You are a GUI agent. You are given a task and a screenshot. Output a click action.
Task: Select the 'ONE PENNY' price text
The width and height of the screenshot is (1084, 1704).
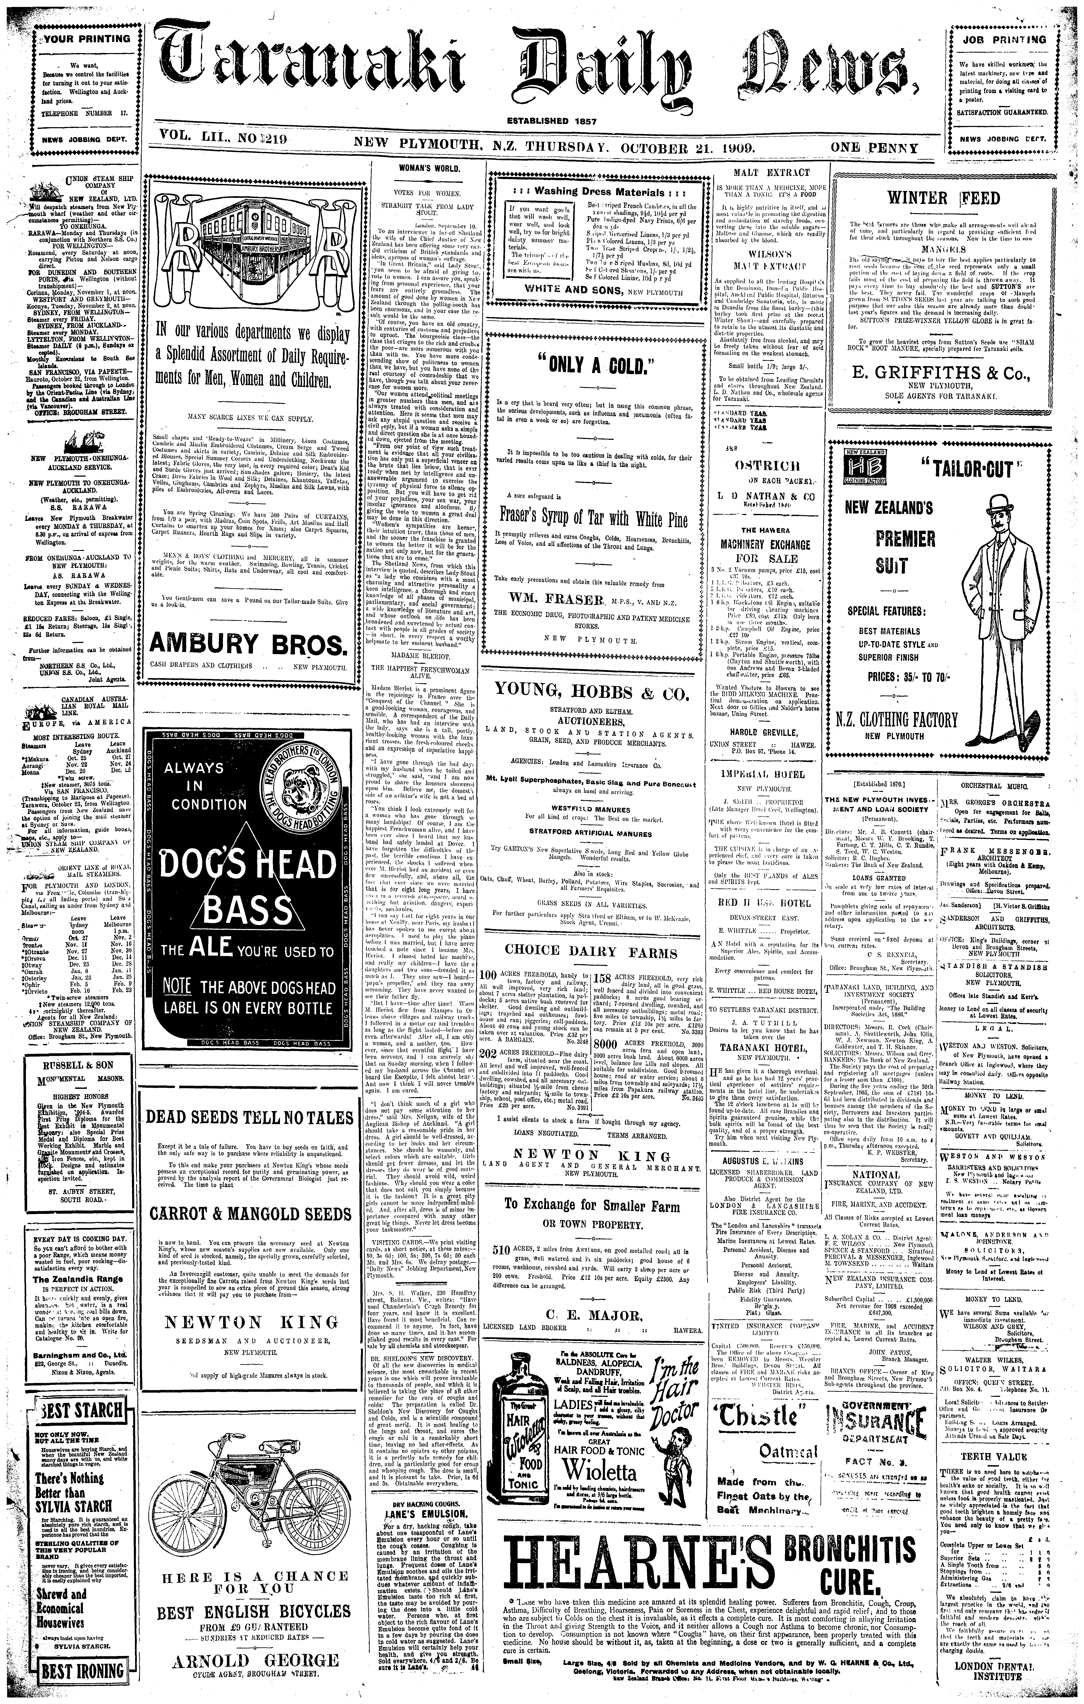pyautogui.click(x=875, y=149)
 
